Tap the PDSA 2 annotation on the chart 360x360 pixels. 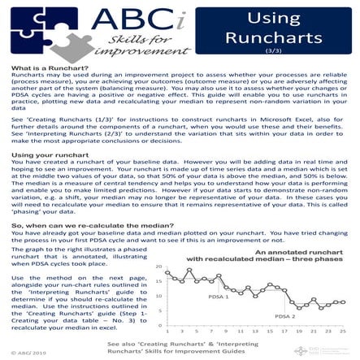[284, 315]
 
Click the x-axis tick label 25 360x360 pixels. [342, 331]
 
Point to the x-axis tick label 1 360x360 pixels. [166, 331]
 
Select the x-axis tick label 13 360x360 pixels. [254, 331]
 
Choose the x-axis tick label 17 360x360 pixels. [284, 331]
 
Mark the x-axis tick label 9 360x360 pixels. [225, 331]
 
